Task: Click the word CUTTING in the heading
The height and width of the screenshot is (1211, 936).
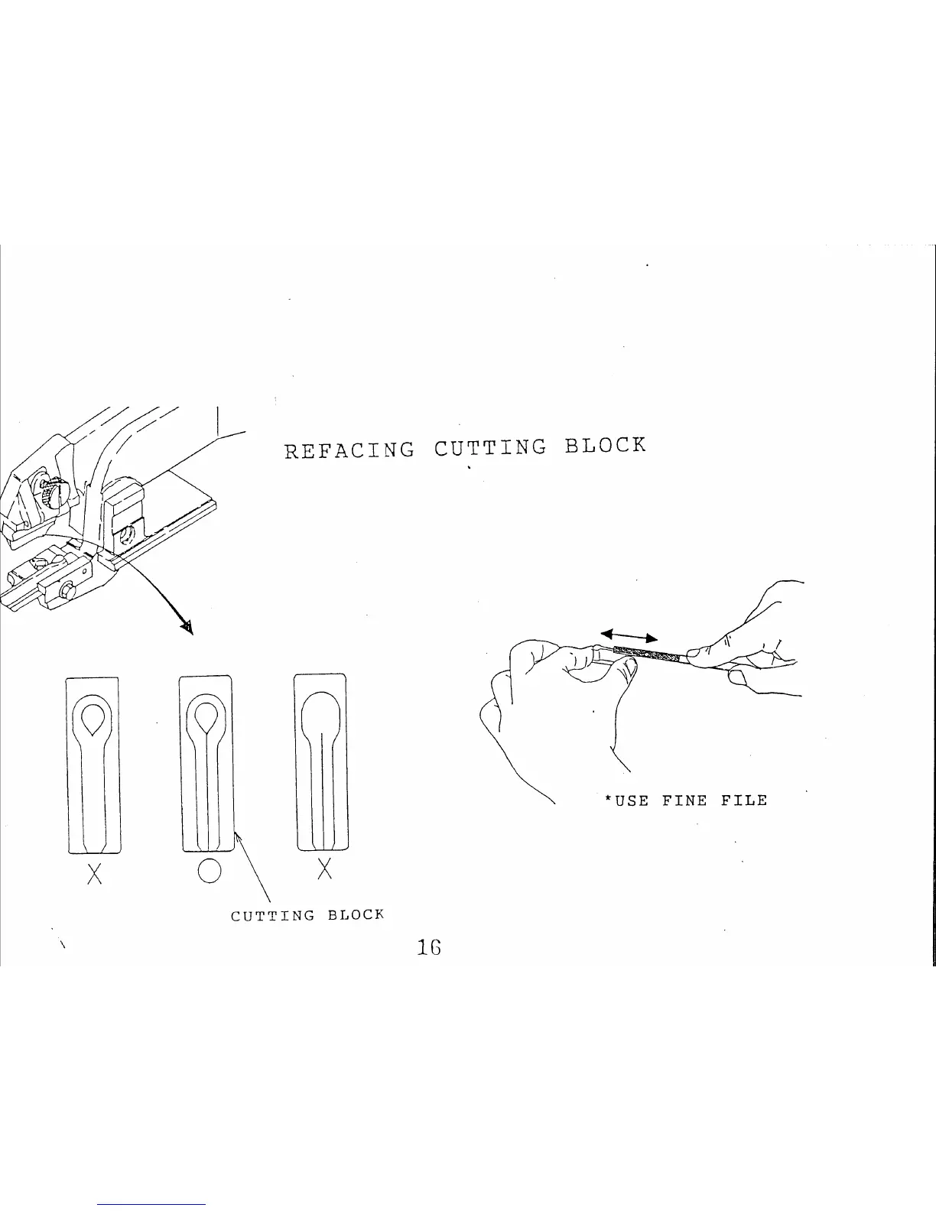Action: pos(490,447)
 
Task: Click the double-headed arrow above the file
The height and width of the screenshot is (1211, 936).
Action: pos(629,635)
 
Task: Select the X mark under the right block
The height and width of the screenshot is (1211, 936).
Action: pos(324,868)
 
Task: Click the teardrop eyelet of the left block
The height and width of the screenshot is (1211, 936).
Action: pos(93,716)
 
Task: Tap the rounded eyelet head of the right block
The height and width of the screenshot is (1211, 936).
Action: pos(321,712)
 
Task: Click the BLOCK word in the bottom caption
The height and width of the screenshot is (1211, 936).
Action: pos(355,914)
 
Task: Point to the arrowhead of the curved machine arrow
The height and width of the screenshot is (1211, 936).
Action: pos(185,627)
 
